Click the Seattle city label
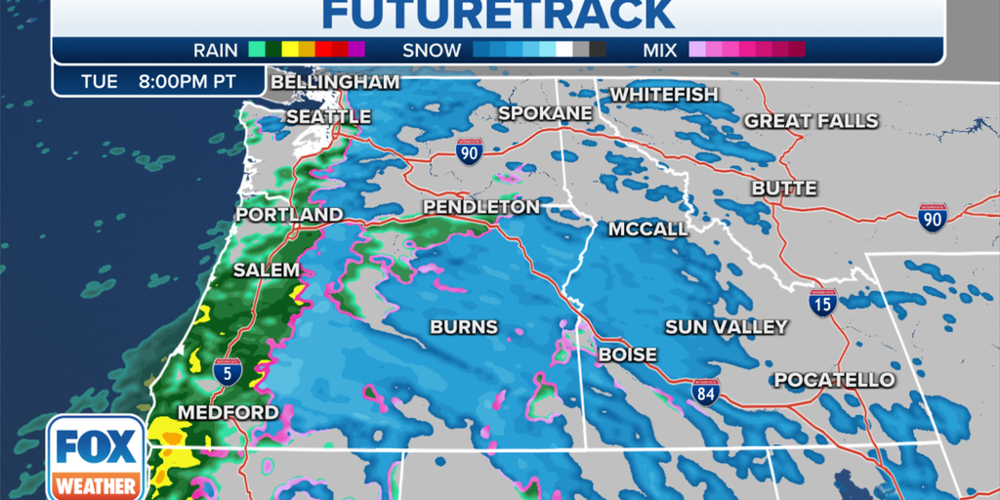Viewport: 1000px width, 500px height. click(328, 117)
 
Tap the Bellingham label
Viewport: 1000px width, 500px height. click(334, 82)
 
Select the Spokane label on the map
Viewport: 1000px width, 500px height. click(545, 113)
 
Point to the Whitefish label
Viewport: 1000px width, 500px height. click(664, 95)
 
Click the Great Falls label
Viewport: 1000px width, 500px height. click(812, 121)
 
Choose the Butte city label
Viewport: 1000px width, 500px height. click(784, 187)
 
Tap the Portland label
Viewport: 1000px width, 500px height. click(289, 214)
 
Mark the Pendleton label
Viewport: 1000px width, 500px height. click(480, 207)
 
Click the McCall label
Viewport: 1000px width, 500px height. click(647, 229)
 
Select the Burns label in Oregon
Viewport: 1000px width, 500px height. click(464, 327)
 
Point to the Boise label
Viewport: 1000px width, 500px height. click(627, 354)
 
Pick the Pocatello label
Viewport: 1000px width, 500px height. click(834, 380)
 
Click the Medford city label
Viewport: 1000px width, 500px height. click(228, 412)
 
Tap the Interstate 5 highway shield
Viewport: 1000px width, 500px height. click(226, 371)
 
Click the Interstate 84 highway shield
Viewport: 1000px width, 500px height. click(705, 392)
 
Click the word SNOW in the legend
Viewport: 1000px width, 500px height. click(433, 49)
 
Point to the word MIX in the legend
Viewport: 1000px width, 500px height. click(661, 49)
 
